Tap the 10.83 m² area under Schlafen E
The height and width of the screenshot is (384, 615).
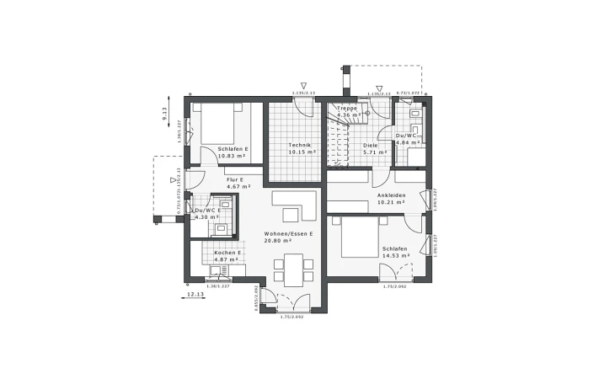point(231,156)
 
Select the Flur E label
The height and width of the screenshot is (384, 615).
point(234,179)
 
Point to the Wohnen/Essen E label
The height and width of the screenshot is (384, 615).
point(288,232)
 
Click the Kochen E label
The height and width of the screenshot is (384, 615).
point(227,252)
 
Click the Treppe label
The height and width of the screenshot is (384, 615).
point(347,109)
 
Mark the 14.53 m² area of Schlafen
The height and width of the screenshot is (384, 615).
point(394,256)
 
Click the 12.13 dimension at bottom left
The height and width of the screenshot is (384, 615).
point(195,294)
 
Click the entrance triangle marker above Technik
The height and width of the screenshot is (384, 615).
point(303,87)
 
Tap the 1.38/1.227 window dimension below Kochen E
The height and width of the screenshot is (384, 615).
point(218,286)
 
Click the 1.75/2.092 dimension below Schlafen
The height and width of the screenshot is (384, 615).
point(395,287)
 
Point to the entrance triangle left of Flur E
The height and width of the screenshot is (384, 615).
point(174,179)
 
